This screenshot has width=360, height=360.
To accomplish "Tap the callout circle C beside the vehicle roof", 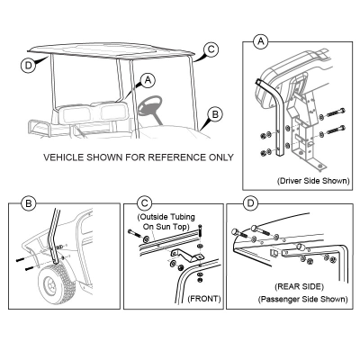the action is click(x=211, y=49).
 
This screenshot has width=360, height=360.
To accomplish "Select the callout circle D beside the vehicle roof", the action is click(x=29, y=65).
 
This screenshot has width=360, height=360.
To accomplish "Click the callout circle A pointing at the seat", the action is click(x=148, y=80).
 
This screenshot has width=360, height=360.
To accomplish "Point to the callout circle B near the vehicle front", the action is click(x=215, y=114).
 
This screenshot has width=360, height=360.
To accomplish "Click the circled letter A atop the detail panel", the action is click(x=261, y=41).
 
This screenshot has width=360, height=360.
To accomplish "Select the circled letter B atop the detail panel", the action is click(x=29, y=203).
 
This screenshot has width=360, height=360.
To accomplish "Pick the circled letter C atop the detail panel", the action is click(x=144, y=203).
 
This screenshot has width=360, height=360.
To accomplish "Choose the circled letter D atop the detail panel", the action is click(x=250, y=203).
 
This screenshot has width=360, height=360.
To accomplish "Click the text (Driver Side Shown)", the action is click(x=313, y=181).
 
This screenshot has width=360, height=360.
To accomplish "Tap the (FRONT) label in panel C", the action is click(x=204, y=299).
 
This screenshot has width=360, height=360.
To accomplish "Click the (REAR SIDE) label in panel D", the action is click(x=299, y=286).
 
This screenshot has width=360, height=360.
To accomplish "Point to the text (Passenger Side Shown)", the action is click(x=303, y=299).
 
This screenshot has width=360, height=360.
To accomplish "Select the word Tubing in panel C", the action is click(x=183, y=217).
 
